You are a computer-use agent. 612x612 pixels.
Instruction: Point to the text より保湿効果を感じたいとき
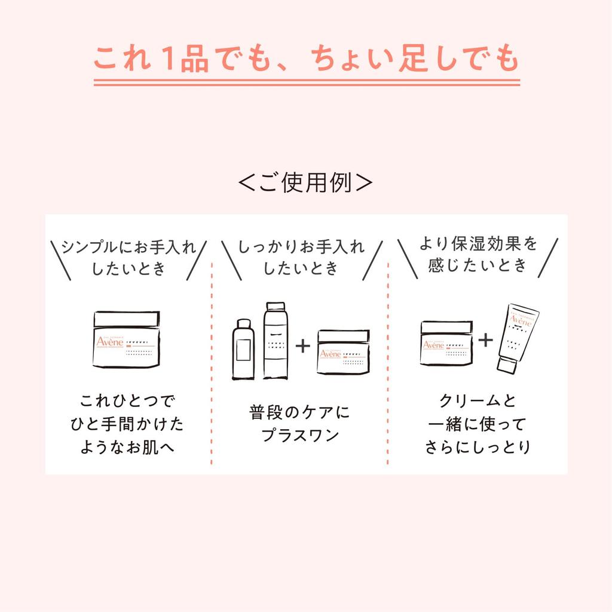point(478,254)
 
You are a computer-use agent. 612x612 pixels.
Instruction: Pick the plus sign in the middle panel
point(304,345)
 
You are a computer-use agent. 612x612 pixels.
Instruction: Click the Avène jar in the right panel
point(446,343)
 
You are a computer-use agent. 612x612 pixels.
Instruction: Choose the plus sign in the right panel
point(485,340)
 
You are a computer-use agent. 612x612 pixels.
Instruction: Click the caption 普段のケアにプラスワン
point(300,423)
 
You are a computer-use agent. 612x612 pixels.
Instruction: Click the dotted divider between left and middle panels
point(212,359)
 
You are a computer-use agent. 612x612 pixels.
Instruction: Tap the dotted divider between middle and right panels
point(388,359)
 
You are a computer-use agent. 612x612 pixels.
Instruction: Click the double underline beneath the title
point(305,82)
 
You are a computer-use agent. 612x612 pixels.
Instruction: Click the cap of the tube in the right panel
point(505,363)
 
